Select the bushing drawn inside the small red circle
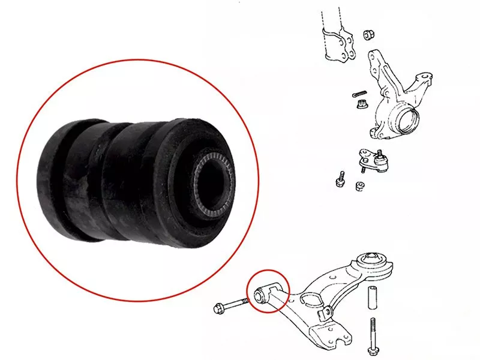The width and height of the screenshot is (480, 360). click(x=262, y=293)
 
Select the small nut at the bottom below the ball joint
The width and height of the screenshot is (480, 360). click(x=360, y=185)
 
